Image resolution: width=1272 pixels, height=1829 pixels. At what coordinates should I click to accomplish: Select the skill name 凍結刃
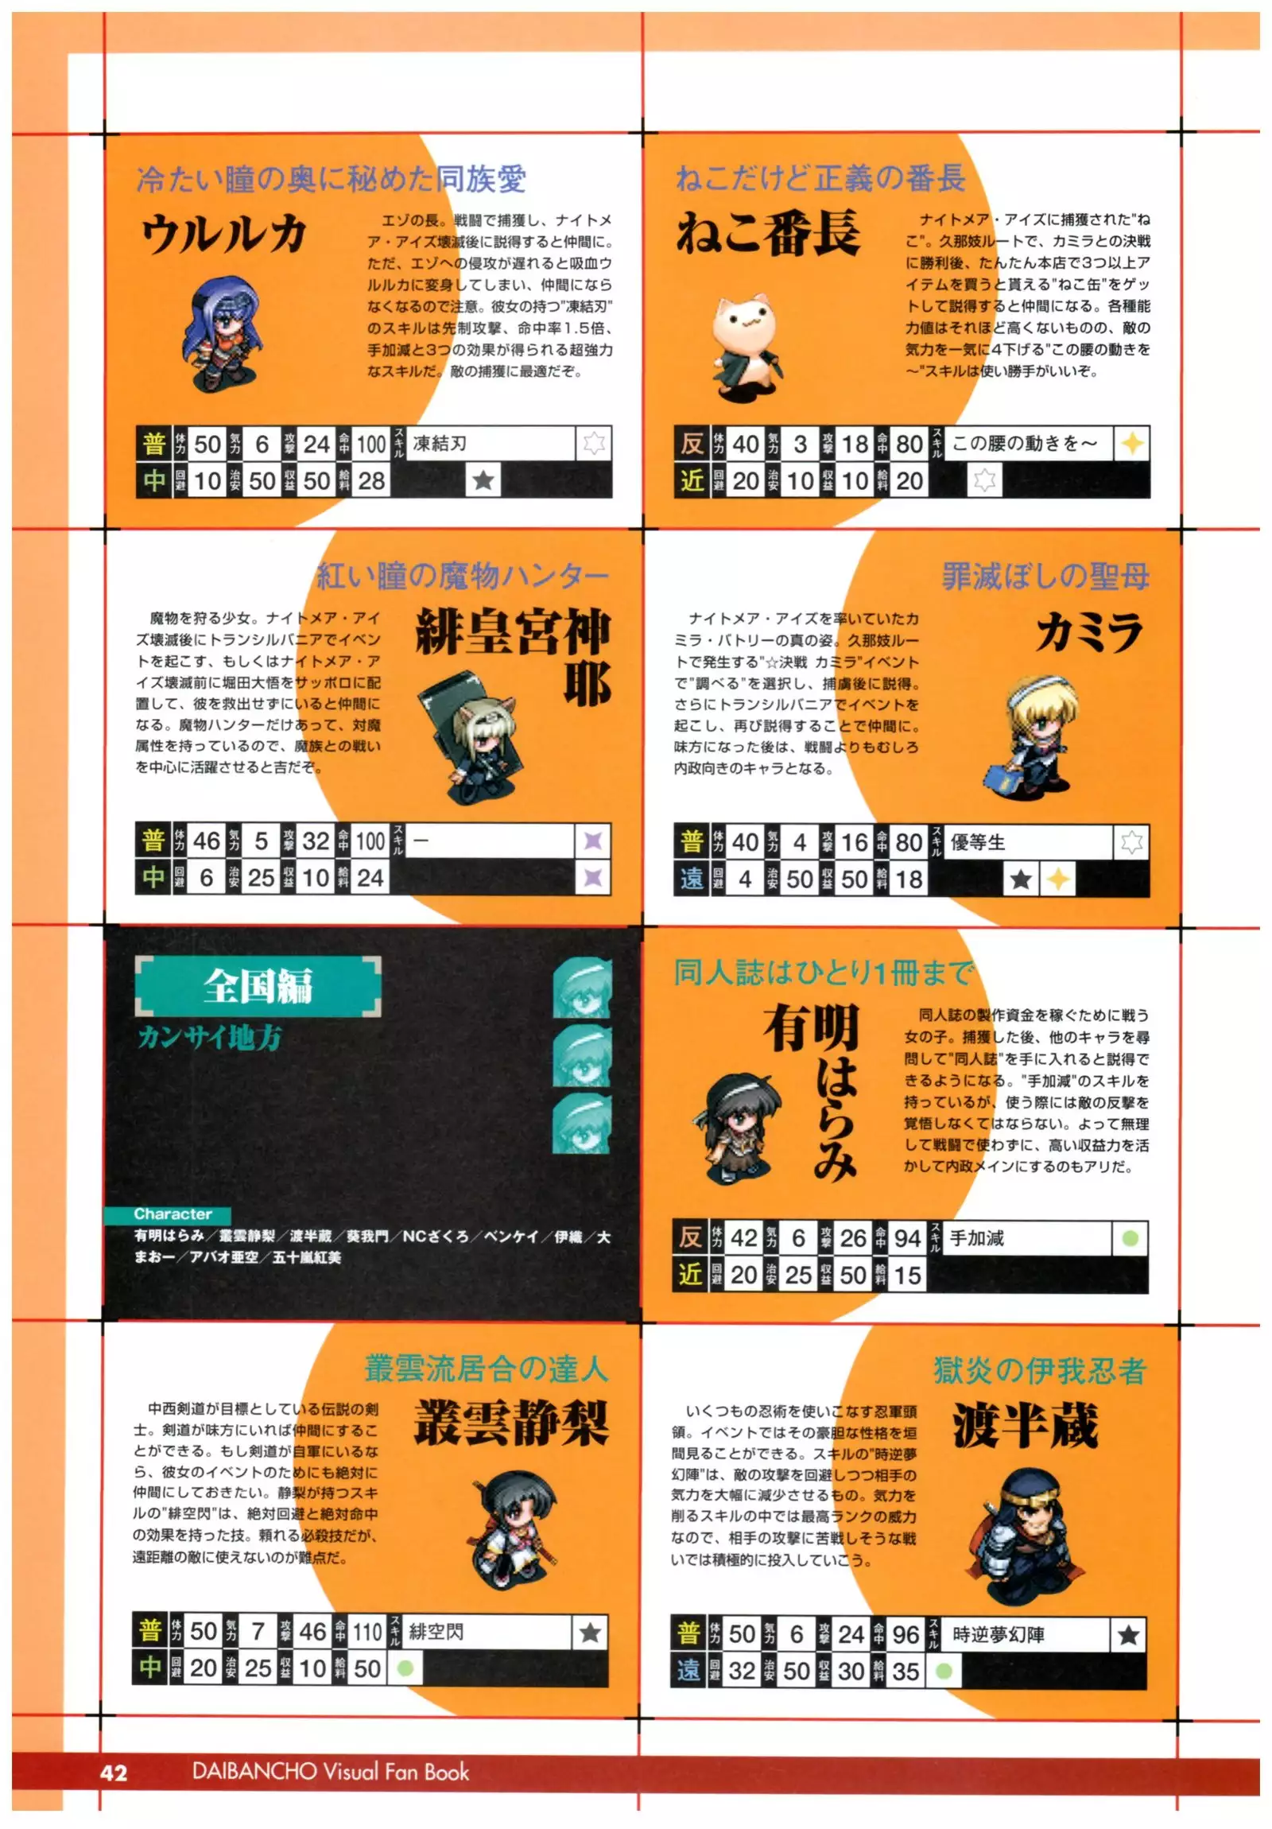440,443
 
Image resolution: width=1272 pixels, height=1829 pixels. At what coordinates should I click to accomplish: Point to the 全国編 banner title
258,986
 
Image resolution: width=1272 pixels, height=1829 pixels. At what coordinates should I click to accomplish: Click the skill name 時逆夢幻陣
998,1635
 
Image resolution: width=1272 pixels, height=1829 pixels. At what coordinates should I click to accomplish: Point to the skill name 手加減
976,1238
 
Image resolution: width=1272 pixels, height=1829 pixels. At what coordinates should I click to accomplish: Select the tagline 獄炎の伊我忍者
1039,1370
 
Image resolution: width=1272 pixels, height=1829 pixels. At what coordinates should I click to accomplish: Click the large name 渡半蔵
1025,1426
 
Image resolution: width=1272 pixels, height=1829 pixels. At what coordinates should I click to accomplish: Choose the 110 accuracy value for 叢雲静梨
367,1632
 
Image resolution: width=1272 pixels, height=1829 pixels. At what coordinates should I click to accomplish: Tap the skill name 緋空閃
436,1632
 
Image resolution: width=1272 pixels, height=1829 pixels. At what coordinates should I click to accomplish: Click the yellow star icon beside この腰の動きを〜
1132,444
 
